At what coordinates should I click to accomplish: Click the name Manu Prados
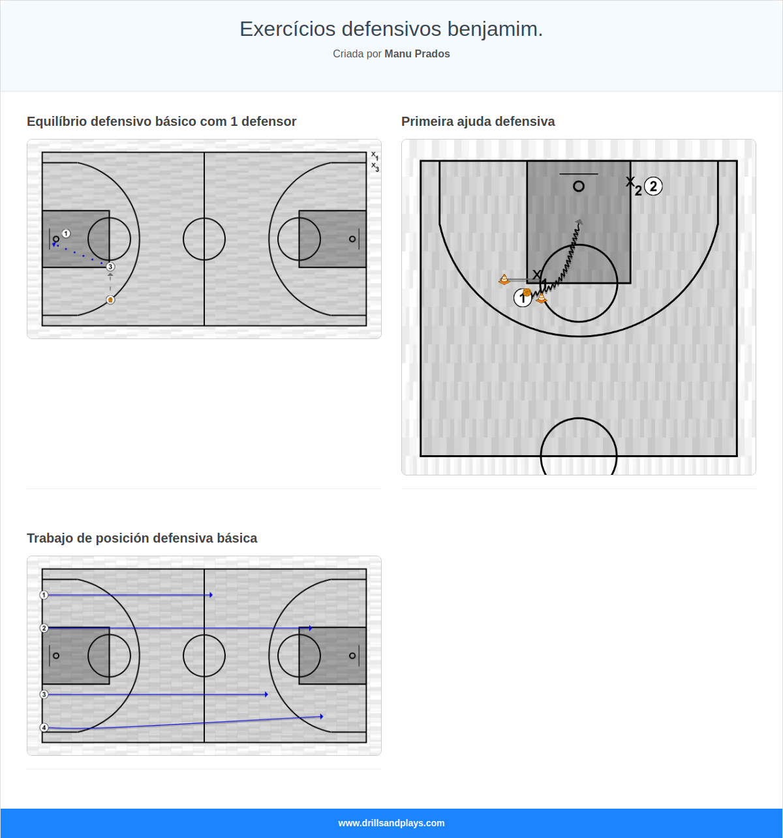[417, 54]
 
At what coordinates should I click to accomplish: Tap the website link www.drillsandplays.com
[391, 823]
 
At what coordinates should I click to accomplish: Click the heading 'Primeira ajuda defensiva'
[478, 121]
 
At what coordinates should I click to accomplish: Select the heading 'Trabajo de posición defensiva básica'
[142, 538]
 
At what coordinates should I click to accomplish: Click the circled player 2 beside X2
[653, 187]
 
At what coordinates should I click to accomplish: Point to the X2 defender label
[633, 185]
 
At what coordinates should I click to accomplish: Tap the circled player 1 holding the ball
[523, 298]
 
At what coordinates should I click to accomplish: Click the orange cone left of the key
[504, 280]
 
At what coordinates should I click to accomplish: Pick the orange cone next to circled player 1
[541, 298]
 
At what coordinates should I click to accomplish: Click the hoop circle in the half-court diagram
[579, 187]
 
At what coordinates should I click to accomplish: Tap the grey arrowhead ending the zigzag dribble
[579, 223]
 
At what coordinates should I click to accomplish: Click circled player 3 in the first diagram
[110, 267]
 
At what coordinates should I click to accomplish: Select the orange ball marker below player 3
[110, 300]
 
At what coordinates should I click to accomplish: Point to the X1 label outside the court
[375, 156]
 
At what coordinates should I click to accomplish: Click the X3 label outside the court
[375, 167]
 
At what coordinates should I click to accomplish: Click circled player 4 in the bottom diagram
[44, 728]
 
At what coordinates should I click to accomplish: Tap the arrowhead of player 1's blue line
[211, 595]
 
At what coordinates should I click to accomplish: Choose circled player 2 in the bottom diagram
[44, 628]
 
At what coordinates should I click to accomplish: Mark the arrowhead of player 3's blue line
[266, 695]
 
